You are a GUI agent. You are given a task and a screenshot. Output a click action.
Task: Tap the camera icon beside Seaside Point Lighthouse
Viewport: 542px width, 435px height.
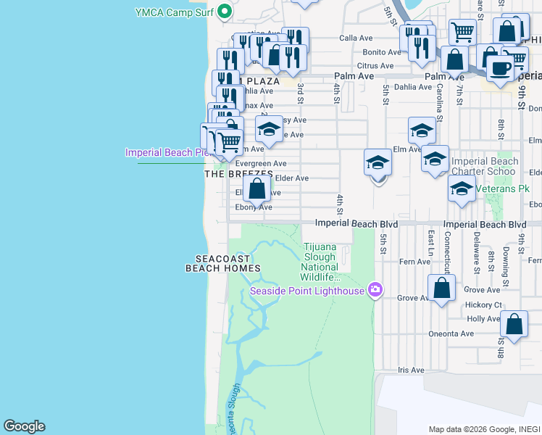click(375, 291)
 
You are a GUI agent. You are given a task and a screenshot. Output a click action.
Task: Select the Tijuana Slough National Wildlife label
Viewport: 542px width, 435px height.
click(320, 262)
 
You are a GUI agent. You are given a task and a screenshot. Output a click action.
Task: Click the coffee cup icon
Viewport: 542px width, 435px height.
click(499, 68)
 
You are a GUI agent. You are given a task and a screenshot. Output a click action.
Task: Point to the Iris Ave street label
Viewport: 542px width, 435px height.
click(411, 370)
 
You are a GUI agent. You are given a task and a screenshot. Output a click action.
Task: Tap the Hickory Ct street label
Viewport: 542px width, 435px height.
click(484, 305)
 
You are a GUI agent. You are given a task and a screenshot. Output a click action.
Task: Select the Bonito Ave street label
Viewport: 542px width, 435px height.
click(382, 52)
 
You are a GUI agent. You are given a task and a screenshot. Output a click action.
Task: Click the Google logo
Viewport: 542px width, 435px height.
click(24, 426)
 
